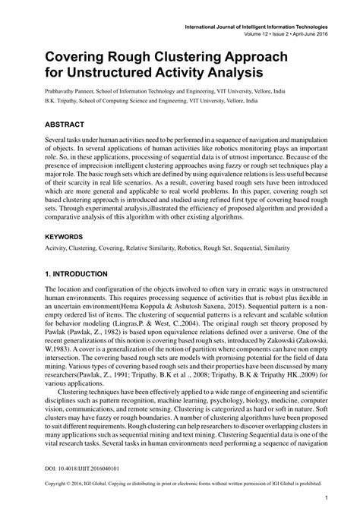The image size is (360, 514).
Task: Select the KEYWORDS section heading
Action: [67, 237]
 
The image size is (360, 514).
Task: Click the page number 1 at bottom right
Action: [325, 498]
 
